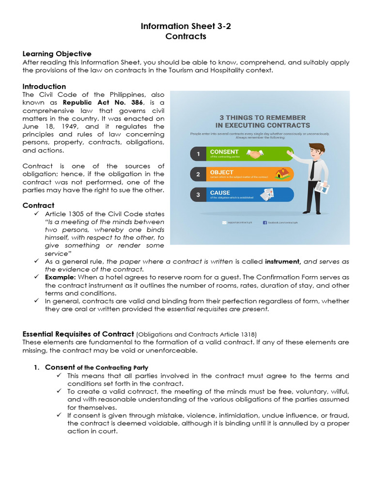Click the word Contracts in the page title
coord(186,36)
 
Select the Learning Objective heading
coord(57,54)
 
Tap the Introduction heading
coord(44,86)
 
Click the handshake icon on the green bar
coord(255,154)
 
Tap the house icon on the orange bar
coord(282,173)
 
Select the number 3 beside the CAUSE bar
coord(198,195)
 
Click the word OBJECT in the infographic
coord(221,172)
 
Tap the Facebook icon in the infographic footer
coord(265,222)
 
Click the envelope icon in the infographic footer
coord(224,222)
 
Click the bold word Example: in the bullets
coord(61,277)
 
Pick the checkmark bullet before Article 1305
coord(36,214)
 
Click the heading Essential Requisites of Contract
coord(78,334)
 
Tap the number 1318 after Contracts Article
coord(248,334)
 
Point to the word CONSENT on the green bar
coord(224,152)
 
